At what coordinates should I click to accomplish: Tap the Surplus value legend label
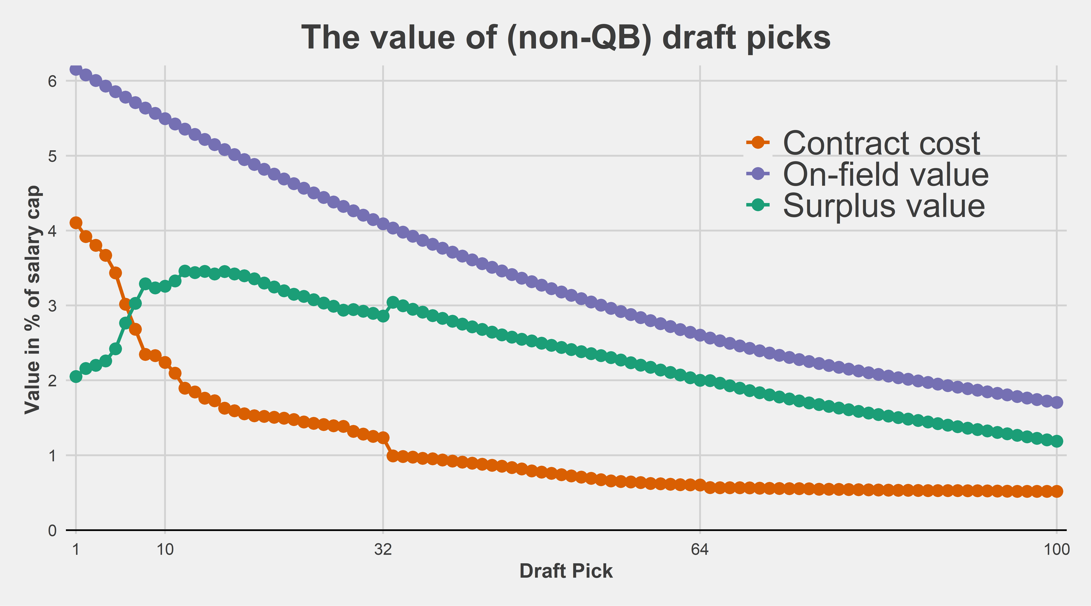(x=884, y=206)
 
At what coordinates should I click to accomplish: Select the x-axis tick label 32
(x=383, y=550)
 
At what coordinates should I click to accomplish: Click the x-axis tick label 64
(x=700, y=550)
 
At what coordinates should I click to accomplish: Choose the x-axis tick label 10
(x=165, y=550)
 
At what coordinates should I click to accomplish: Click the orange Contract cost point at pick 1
(x=76, y=223)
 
